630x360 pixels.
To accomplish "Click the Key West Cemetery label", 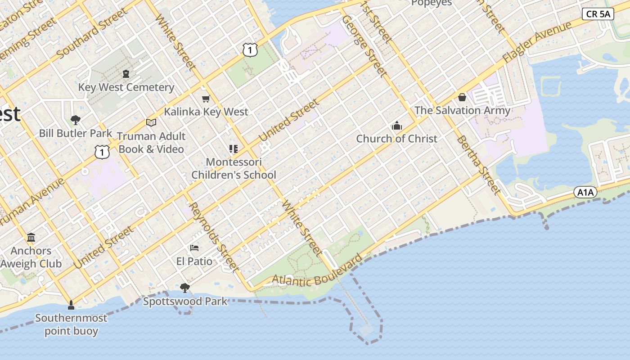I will coord(126,87).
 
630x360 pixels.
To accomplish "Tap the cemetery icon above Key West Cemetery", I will coord(126,73).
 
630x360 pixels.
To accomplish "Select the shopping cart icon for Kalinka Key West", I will coord(206,99).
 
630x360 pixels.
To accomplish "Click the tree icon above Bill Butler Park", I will coord(76,120).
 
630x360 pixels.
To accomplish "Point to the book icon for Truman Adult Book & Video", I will coord(151,122).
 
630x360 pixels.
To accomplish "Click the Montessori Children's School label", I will coord(234,168).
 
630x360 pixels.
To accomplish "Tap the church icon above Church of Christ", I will coord(396,126).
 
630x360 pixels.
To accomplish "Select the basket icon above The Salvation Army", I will coord(462,97).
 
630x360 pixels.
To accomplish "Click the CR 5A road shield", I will coord(598,14).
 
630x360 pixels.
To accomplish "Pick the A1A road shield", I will coord(585,193).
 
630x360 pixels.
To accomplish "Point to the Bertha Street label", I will coord(479,165).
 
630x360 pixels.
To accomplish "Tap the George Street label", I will coord(364,46).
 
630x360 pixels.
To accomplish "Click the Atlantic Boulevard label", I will coord(317,272).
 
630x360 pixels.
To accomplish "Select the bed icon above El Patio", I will coord(194,248).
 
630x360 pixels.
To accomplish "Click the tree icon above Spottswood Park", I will coord(184,288).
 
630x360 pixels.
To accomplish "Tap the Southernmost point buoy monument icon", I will coord(71,306).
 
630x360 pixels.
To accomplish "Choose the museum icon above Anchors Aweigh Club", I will coord(31,237).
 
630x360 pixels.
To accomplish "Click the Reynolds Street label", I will coord(214,237).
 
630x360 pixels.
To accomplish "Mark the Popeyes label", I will coord(431,3).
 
